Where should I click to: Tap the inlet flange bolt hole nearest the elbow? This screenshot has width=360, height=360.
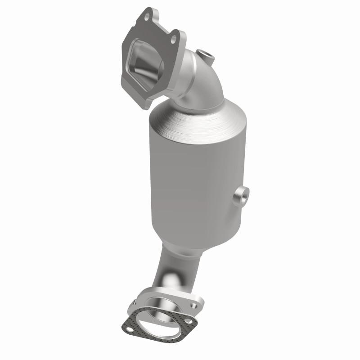pyautogui.click(x=173, y=40)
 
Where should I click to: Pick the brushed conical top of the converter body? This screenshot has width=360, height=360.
pyautogui.click(x=198, y=119)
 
